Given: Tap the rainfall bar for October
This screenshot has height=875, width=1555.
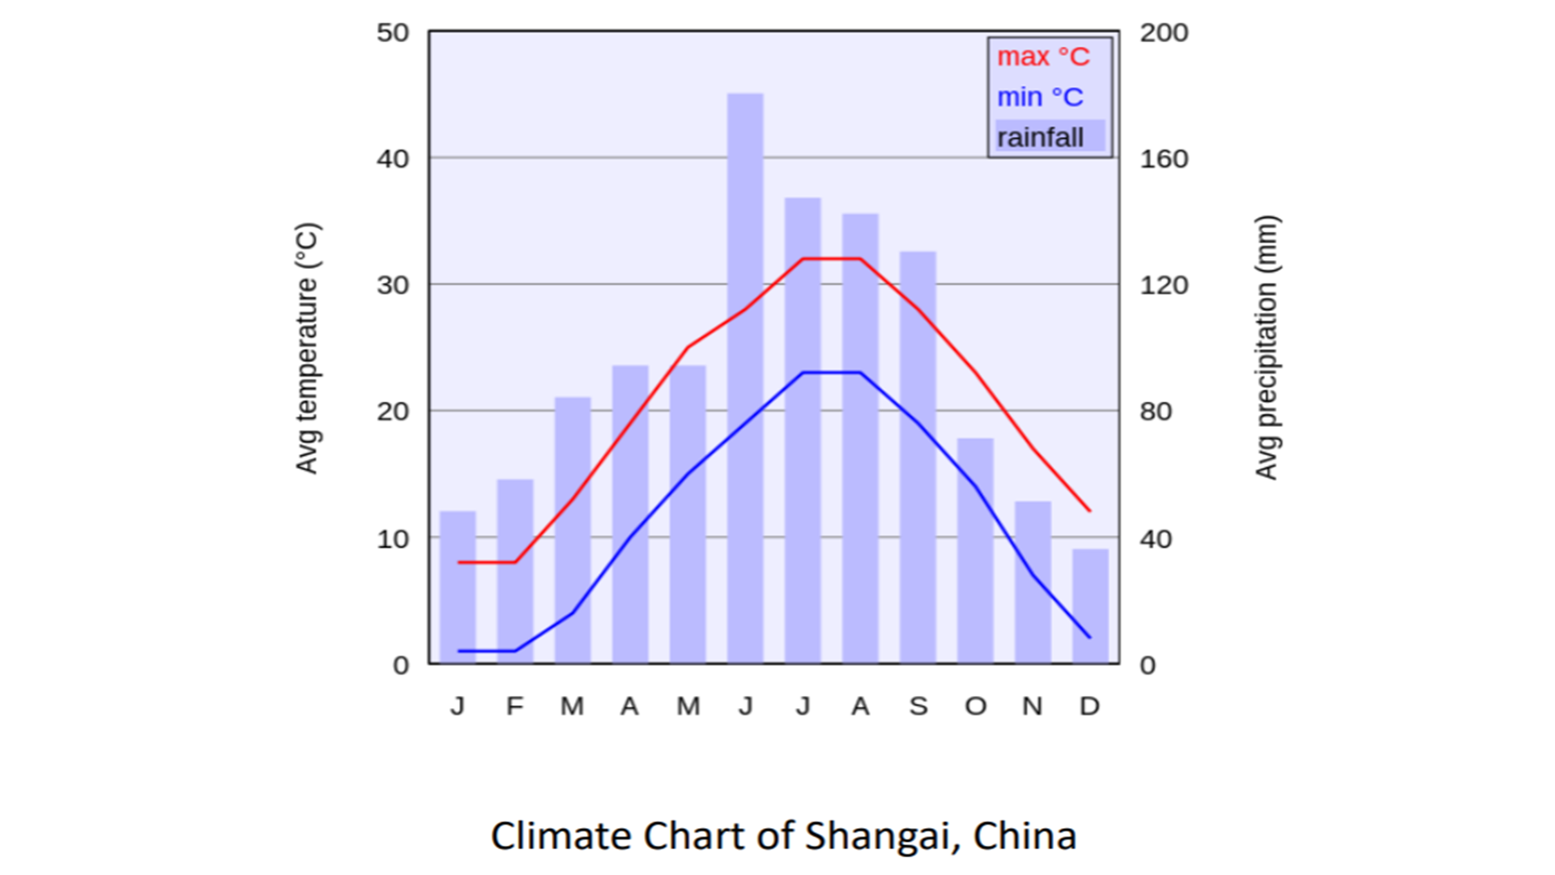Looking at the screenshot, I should tap(975, 551).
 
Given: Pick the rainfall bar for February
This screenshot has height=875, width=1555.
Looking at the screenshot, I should tap(515, 571).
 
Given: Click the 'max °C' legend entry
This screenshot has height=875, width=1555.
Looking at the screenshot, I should tap(1043, 57).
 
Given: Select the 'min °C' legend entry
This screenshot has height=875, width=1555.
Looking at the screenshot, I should tap(1040, 97).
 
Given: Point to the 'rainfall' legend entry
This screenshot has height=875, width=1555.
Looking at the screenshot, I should tap(1041, 137).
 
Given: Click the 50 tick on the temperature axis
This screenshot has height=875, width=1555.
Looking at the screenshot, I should tap(393, 33).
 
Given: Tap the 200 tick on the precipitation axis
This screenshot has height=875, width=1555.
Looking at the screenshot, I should tap(1164, 33).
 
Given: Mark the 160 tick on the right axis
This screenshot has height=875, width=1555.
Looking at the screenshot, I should tap(1164, 159).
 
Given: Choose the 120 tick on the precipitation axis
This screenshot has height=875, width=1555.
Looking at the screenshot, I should tap(1164, 285).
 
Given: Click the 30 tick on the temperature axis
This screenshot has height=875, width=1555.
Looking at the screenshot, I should tap(393, 285).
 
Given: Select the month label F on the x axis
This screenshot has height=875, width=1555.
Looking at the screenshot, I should tap(515, 706).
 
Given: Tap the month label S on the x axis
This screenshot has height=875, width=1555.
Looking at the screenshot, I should tap(918, 706).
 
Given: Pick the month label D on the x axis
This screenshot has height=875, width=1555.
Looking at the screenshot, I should tap(1089, 706).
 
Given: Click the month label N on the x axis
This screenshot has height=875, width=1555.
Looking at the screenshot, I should tap(1032, 706).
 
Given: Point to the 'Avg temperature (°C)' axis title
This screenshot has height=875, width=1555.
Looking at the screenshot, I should tap(308, 348).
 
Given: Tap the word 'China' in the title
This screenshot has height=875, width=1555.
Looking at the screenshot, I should tap(1025, 835).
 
